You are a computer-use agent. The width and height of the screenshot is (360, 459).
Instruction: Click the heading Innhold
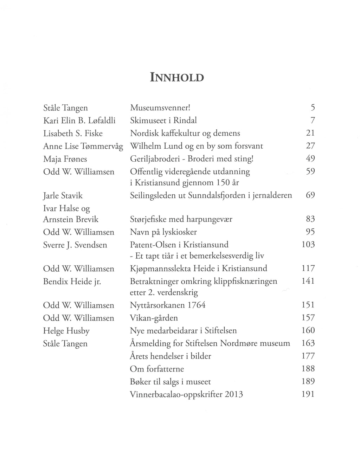[177, 77]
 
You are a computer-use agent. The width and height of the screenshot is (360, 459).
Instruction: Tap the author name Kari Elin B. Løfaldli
[79, 121]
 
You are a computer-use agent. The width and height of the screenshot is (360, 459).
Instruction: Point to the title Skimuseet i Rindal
[163, 121]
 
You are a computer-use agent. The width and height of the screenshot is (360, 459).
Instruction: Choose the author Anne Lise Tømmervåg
[83, 146]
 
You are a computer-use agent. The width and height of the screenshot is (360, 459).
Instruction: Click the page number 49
[310, 159]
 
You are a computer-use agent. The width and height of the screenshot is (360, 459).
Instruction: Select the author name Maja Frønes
[65, 159]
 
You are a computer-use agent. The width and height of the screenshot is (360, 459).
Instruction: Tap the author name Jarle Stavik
[63, 195]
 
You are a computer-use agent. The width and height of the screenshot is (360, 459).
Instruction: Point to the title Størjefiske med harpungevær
[181, 220]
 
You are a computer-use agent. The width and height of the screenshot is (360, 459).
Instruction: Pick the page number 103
[308, 245]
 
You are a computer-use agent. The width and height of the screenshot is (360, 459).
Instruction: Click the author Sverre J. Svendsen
[75, 245]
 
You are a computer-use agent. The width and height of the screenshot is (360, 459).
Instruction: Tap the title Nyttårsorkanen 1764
[168, 305]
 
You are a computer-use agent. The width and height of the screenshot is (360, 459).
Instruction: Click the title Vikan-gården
[154, 318]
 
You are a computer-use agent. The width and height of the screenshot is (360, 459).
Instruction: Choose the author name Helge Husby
[66, 331]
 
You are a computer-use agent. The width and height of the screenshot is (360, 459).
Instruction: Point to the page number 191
[308, 394]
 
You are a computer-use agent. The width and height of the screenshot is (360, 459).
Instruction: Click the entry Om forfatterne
[157, 369]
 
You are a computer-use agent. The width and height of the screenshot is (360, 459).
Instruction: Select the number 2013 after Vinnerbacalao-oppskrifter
[234, 394]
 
